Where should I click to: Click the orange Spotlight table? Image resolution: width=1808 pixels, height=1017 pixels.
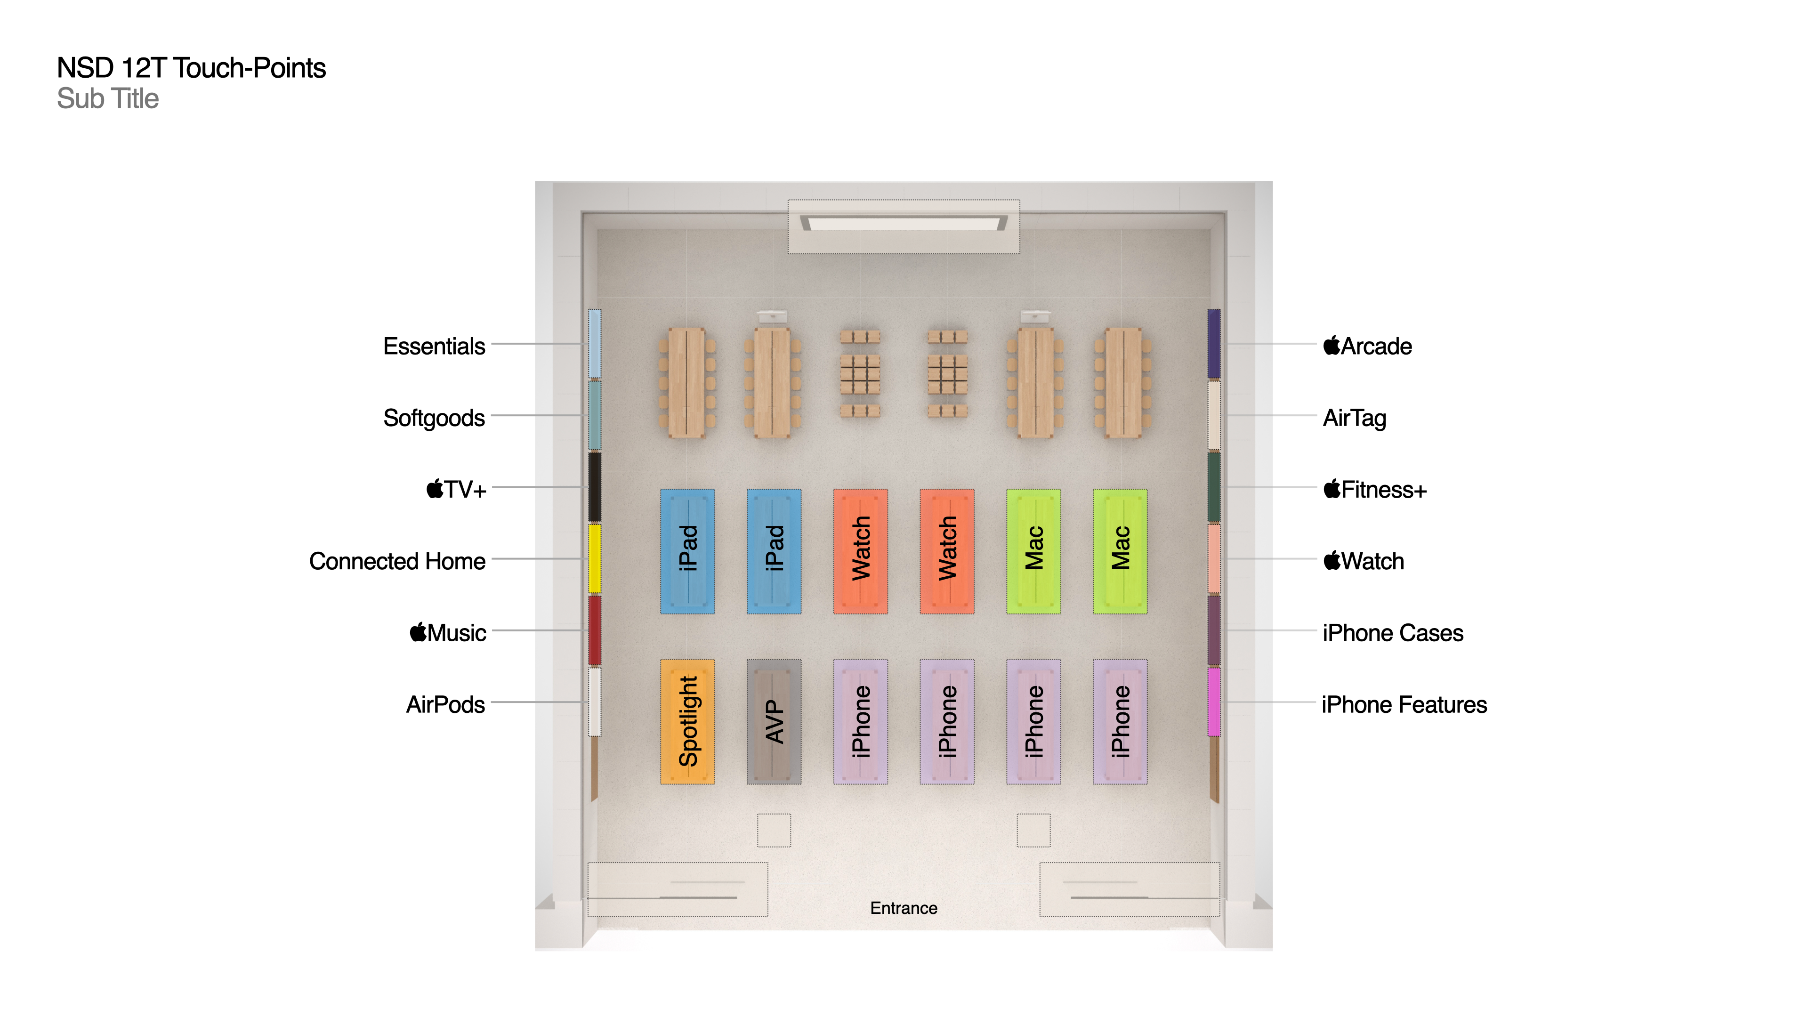point(687,721)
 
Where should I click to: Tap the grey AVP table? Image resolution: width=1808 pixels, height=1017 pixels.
point(774,721)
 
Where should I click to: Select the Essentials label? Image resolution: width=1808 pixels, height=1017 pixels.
point(434,346)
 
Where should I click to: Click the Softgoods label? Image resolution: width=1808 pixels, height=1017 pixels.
point(434,418)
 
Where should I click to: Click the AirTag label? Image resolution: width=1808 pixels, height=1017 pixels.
point(1354,418)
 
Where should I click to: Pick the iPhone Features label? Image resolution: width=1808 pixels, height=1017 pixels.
point(1404,704)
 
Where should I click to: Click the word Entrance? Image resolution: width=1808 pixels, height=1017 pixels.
point(904,907)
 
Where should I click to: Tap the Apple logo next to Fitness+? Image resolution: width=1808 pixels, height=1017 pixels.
point(1331,489)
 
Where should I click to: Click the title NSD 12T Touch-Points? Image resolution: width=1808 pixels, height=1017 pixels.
point(191,68)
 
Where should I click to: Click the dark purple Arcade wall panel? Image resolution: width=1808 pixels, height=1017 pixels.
point(1213,343)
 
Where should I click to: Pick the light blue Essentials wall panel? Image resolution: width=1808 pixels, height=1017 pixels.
point(595,343)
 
